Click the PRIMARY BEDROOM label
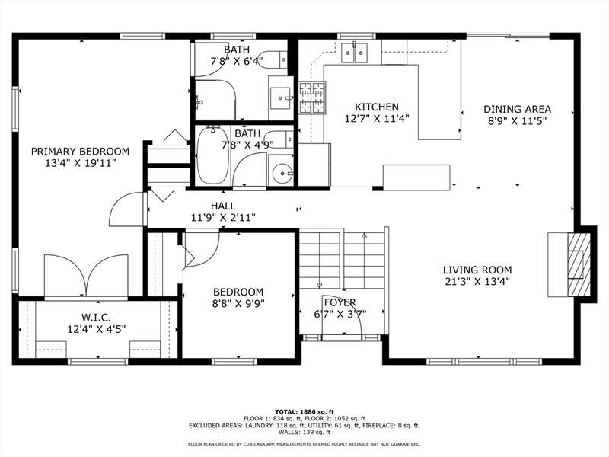[80, 151]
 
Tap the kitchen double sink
[354, 53]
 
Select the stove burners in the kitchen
[312, 97]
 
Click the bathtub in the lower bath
[212, 155]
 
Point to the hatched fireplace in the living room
[579, 265]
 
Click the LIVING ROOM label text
[477, 270]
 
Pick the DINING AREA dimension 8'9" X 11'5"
[518, 121]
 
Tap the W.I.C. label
[97, 318]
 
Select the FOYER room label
[340, 302]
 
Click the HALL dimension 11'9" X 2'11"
[223, 218]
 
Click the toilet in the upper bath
[273, 59]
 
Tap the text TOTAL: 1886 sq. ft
[304, 411]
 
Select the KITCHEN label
[377, 107]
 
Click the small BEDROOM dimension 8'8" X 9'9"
[238, 303]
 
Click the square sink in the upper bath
[281, 98]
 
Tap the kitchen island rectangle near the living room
[416, 177]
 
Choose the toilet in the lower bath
[278, 139]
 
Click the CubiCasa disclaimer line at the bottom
[304, 444]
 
